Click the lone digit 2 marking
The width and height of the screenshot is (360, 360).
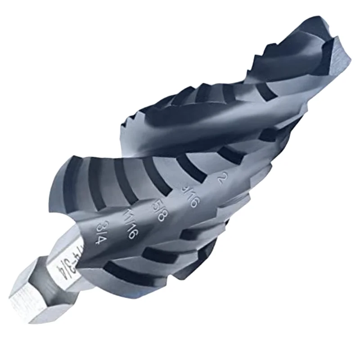click(x=221, y=179)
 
